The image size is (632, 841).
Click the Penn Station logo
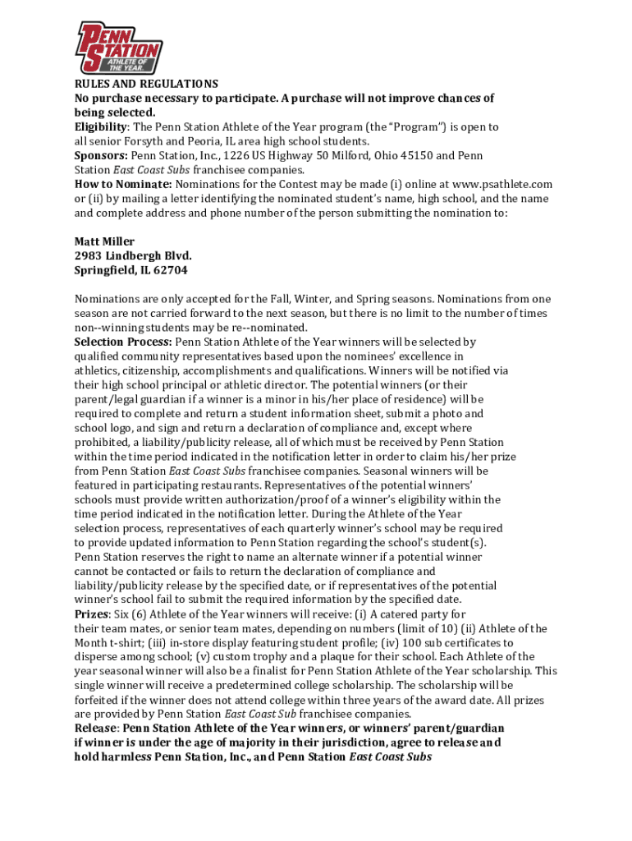[119, 47]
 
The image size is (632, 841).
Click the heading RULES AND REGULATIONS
[146, 84]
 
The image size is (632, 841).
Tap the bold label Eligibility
[101, 127]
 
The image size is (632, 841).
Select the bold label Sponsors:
[101, 155]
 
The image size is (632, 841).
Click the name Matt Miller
[104, 241]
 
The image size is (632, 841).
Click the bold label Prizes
[91, 614]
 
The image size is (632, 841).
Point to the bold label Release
[95, 728]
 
